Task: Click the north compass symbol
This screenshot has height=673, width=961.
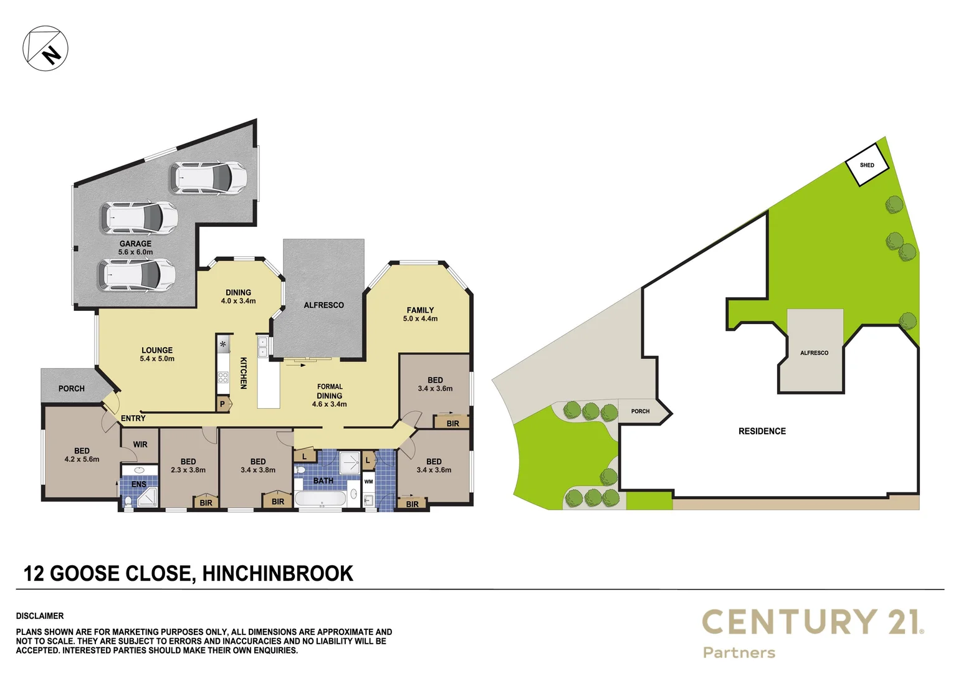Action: click(45, 48)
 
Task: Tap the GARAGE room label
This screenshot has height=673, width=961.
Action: click(135, 244)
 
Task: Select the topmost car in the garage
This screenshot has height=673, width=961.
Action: click(208, 178)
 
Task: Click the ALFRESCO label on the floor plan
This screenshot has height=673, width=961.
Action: click(323, 305)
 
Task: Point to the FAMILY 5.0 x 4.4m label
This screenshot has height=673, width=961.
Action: click(420, 314)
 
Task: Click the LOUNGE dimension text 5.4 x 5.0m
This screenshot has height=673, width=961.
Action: click(157, 359)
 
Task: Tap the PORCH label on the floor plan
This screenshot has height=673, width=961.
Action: click(71, 388)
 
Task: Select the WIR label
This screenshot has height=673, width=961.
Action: click(140, 444)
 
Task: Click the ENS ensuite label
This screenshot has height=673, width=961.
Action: click(138, 484)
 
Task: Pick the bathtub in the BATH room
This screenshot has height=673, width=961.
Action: click(320, 499)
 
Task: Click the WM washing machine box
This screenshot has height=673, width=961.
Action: click(368, 482)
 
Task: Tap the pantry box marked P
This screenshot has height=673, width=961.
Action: click(222, 404)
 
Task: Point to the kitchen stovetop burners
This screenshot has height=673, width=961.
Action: click(222, 377)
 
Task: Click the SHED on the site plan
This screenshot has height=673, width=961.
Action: click(866, 165)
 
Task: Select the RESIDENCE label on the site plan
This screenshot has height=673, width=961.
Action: click(762, 431)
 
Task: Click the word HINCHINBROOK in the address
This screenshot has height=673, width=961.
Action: click(277, 573)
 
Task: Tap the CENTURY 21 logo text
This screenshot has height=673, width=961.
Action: click(811, 622)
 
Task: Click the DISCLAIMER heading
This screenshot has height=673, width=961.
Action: click(40, 616)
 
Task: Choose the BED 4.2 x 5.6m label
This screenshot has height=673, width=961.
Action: click(82, 455)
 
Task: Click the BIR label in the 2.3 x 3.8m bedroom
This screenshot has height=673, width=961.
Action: click(206, 503)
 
